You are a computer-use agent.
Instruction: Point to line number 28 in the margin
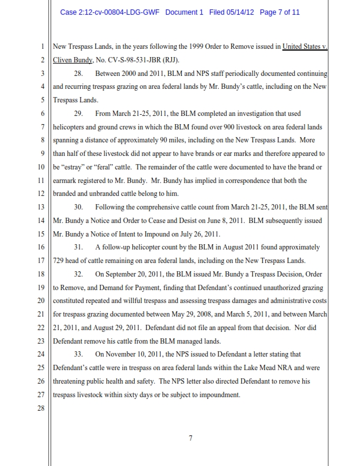click(x=41, y=410)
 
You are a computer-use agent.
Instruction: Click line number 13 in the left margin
click(x=41, y=208)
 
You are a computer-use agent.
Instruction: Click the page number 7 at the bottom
click(x=190, y=438)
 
